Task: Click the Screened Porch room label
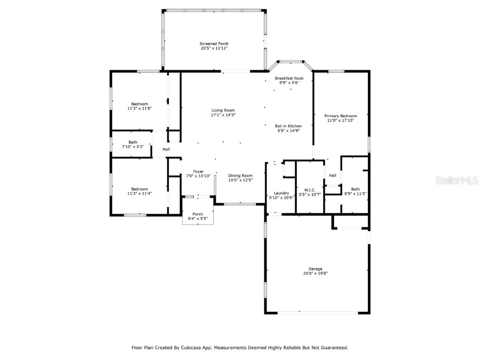(214, 44)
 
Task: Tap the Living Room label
(223, 110)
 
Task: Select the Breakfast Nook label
(289, 78)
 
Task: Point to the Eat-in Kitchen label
(288, 126)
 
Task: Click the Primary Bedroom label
(341, 116)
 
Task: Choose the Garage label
(315, 269)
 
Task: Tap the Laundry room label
(281, 193)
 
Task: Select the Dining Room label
(240, 175)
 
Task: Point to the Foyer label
(198, 172)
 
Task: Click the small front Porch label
(198, 214)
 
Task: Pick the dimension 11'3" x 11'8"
(140, 108)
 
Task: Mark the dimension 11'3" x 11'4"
(140, 193)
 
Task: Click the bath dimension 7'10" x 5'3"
(133, 147)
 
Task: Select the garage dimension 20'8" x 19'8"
(315, 273)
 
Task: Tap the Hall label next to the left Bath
(166, 150)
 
